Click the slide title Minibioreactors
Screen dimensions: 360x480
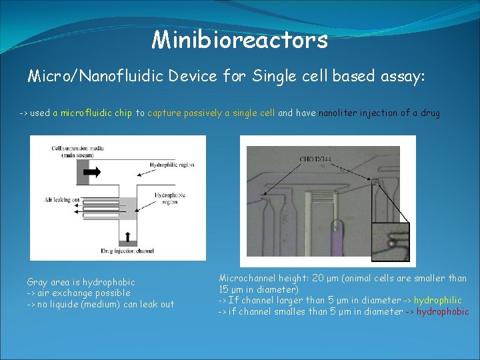point(239,40)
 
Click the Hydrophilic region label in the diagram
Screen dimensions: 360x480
point(172,164)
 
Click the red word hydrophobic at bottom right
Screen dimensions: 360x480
point(443,311)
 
